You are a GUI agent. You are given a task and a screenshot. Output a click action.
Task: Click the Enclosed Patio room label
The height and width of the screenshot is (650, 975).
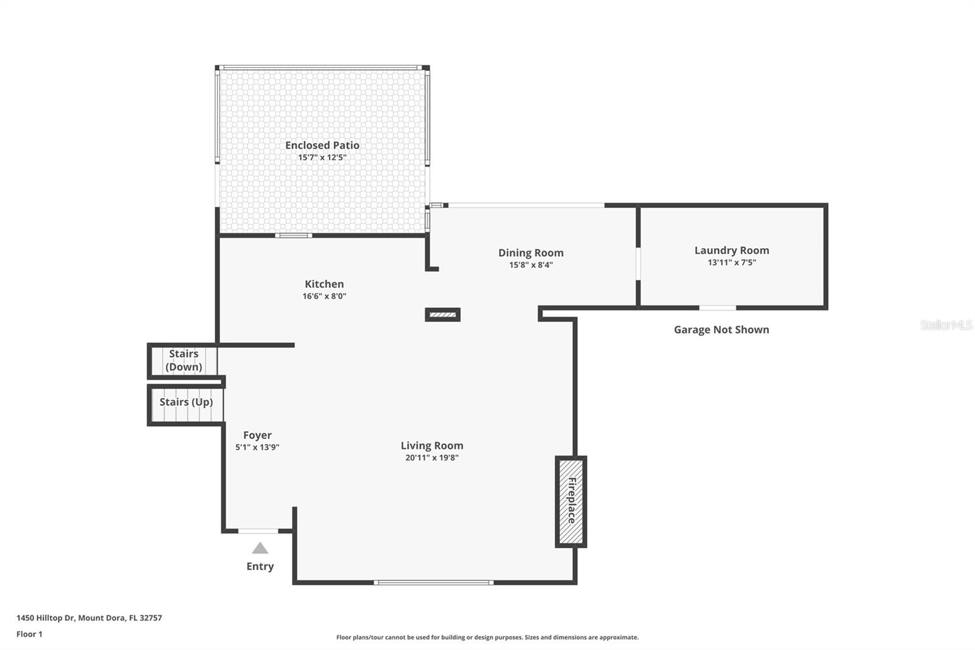[322, 145]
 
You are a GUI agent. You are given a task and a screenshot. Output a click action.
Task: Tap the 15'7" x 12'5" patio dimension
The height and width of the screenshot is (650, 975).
[322, 157]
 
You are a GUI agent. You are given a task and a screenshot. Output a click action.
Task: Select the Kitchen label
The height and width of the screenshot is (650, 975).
[324, 284]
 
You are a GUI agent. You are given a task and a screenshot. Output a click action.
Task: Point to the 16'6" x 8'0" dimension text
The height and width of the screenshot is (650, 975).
[324, 296]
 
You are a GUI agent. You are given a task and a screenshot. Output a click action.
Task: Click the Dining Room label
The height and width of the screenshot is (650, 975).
[531, 252]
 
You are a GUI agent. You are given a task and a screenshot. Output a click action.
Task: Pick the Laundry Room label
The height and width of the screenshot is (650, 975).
[731, 250]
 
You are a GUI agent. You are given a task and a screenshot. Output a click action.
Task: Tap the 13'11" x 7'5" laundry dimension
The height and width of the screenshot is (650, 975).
[731, 263]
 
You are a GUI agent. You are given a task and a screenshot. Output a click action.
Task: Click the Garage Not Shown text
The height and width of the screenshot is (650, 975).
[721, 329]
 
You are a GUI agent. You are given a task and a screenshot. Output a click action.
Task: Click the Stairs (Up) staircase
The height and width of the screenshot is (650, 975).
[186, 403]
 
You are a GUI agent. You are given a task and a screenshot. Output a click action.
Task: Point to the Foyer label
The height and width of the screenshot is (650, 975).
[257, 435]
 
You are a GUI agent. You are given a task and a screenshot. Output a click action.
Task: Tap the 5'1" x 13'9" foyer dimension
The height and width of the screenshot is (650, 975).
[257, 448]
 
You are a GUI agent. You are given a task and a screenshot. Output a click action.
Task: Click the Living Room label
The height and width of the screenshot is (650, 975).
[431, 445]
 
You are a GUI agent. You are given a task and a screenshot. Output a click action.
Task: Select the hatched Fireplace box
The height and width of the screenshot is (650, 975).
[571, 501]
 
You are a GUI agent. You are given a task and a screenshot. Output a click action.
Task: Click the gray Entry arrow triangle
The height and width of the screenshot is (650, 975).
[260, 548]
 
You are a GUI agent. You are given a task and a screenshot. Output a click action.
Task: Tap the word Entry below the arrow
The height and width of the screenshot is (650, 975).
[260, 566]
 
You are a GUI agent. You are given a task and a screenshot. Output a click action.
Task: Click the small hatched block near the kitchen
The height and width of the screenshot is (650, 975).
[442, 315]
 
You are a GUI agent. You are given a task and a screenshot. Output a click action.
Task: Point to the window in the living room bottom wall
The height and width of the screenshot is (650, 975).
[433, 582]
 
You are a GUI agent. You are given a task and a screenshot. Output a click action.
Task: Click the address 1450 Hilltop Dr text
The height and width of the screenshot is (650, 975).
[89, 618]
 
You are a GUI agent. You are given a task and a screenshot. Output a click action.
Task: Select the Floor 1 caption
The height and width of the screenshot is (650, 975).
[29, 634]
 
